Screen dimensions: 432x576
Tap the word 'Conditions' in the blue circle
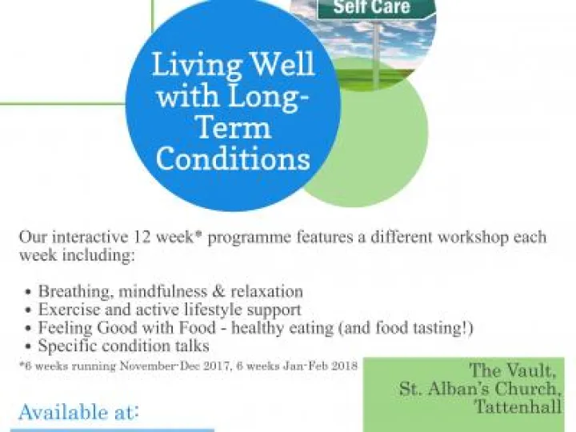[233, 158]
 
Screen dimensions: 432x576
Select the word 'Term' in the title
[233, 127]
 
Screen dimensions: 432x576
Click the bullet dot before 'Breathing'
[29, 292]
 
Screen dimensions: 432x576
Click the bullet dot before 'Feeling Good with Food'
[29, 329]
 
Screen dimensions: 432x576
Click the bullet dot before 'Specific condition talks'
[29, 347]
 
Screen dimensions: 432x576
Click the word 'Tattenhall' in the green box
[518, 407]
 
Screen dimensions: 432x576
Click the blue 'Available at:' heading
[79, 413]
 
